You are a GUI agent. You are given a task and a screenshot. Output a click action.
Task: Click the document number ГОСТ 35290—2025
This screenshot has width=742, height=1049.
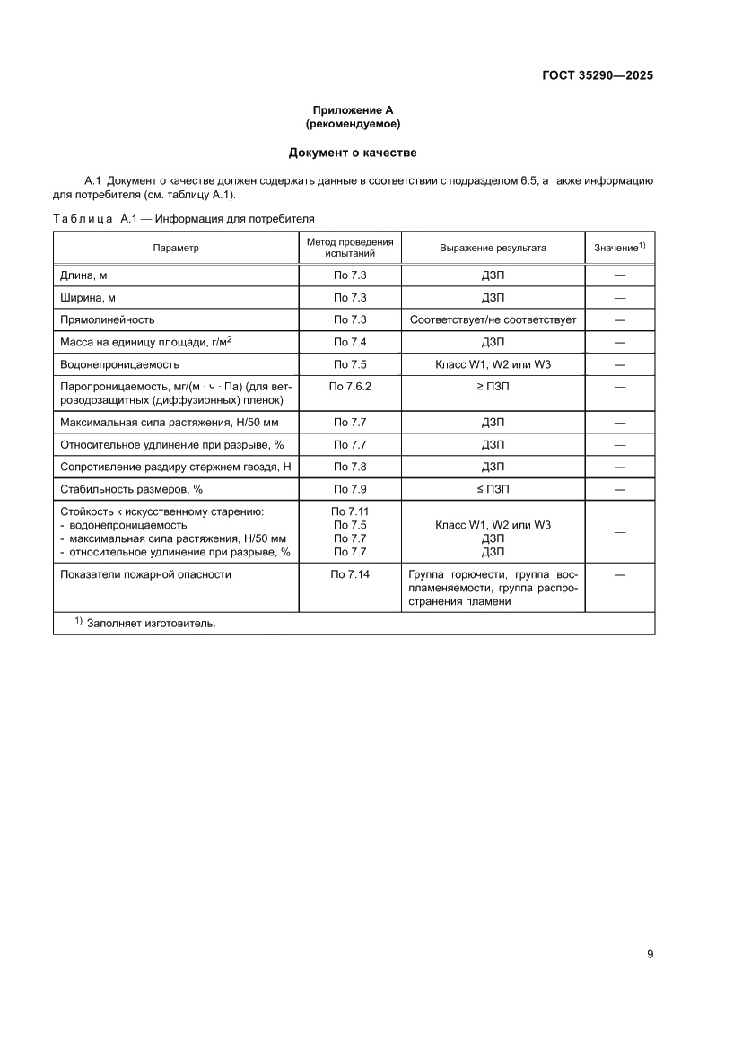point(597,75)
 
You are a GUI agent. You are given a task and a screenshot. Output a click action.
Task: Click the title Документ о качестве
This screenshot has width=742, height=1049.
point(353,153)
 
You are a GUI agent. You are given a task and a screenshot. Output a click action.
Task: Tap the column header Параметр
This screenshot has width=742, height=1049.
point(176,248)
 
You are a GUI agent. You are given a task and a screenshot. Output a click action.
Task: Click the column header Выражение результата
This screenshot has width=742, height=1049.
point(493,248)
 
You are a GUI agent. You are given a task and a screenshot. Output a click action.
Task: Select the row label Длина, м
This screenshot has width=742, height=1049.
point(83,275)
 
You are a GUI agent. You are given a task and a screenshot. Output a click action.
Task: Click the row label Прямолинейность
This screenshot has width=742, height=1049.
point(107,319)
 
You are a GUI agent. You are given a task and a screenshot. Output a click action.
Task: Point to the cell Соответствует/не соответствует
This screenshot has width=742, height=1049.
point(493,319)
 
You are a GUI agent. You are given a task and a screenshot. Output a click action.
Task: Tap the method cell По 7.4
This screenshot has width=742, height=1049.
point(350,342)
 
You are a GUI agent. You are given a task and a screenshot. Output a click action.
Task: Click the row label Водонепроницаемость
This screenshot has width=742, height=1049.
point(119,364)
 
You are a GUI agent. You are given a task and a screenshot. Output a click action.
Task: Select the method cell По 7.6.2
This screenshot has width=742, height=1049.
point(350,386)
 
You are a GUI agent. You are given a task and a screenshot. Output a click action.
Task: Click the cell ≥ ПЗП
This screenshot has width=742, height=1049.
point(493,386)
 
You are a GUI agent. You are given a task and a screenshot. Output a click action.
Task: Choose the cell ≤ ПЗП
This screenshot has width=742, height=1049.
point(493,489)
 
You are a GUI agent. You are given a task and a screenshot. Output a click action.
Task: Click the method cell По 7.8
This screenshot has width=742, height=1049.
point(350,467)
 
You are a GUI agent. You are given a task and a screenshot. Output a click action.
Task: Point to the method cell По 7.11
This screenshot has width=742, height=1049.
point(350,511)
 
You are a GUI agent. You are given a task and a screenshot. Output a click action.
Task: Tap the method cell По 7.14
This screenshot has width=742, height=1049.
point(350,574)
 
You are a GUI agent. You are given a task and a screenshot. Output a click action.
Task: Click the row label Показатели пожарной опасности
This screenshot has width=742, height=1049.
point(145,574)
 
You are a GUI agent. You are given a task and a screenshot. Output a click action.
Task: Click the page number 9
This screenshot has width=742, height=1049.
point(650,954)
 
